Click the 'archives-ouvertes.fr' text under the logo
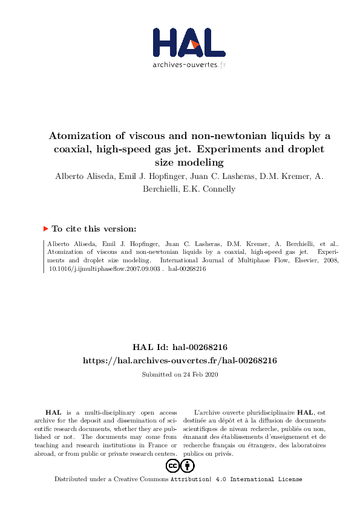[x=189, y=65]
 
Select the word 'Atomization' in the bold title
[x=77, y=135]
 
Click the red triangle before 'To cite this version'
[x=45, y=229]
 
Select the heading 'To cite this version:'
[x=94, y=229]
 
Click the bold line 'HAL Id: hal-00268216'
[x=180, y=347]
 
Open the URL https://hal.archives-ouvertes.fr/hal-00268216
[x=180, y=360]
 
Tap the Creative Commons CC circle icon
[x=172, y=465]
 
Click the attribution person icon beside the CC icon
[x=188, y=465]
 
